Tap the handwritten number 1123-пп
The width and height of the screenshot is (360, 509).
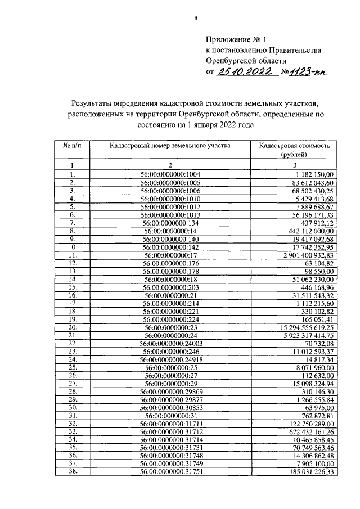click(306, 72)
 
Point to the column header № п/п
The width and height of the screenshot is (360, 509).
click(72, 145)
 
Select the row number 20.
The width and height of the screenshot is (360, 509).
click(72, 327)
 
